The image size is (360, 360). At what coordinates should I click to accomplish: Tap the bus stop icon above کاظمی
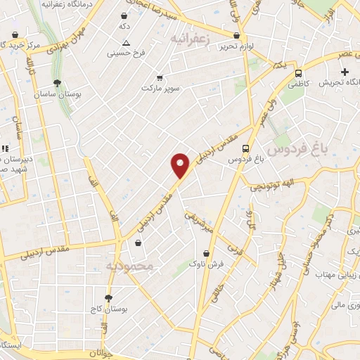click(x=299, y=73)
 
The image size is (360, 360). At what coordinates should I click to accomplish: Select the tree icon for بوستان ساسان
click(x=56, y=82)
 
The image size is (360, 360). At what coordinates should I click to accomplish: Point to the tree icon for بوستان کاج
click(x=108, y=298)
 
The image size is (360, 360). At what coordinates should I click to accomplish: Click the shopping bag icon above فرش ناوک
click(x=206, y=253)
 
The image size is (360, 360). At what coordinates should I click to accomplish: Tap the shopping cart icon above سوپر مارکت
click(x=160, y=77)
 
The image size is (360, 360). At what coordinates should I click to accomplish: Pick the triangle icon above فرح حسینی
click(x=126, y=43)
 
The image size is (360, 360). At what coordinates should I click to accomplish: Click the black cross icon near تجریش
click(x=345, y=72)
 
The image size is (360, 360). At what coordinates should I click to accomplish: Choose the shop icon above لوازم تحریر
click(x=236, y=35)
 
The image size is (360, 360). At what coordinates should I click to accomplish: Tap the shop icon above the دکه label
click(x=124, y=15)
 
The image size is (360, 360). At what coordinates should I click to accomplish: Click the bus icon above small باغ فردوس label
click(x=245, y=148)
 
